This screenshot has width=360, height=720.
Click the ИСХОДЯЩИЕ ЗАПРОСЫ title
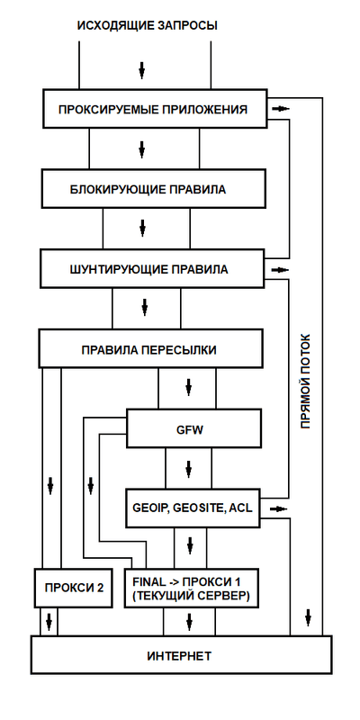pos(148,25)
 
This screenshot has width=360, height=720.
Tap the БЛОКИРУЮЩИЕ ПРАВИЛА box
pos(153,190)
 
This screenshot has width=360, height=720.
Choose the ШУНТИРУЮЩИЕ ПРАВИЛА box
pos(153,268)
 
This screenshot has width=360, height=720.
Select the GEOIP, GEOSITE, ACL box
pos(192,508)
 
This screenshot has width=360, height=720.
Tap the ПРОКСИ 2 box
pos(74,588)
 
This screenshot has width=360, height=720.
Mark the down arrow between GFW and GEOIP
pos(189,469)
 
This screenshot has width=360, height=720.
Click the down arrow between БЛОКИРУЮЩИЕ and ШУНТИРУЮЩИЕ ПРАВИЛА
pos(141,229)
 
